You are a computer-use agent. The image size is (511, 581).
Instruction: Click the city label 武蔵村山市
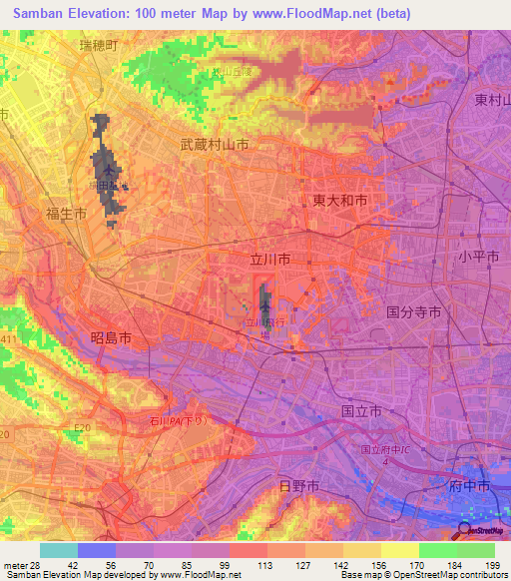pyautogui.click(x=214, y=145)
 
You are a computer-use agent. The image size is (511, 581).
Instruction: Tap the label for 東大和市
pyautogui.click(x=339, y=201)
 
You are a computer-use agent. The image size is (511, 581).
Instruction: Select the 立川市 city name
pyautogui.click(x=269, y=259)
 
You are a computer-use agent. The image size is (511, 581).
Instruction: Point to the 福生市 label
pyautogui.click(x=66, y=213)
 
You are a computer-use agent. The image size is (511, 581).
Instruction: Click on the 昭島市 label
pyautogui.click(x=111, y=339)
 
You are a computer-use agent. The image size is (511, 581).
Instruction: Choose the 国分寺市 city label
pyautogui.click(x=413, y=312)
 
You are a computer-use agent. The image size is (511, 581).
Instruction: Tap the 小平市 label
pyautogui.click(x=478, y=257)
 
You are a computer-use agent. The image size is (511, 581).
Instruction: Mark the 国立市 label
pyautogui.click(x=361, y=410)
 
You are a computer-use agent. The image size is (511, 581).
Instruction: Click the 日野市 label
pyautogui.click(x=298, y=485)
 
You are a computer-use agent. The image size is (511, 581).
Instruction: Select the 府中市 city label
pyautogui.click(x=469, y=485)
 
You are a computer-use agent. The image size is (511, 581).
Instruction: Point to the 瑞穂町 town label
pyautogui.click(x=99, y=46)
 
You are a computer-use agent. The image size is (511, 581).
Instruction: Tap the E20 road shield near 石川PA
pyautogui.click(x=82, y=429)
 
